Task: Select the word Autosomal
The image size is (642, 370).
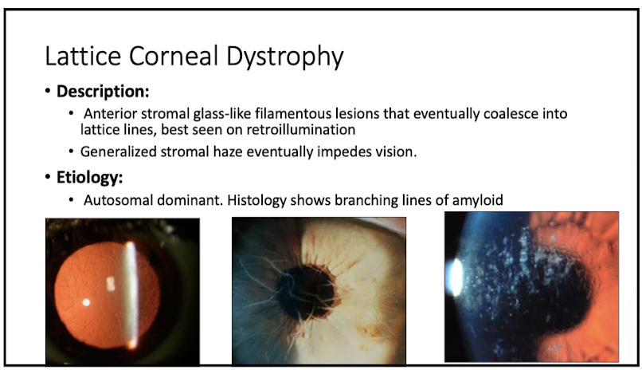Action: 115,199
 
